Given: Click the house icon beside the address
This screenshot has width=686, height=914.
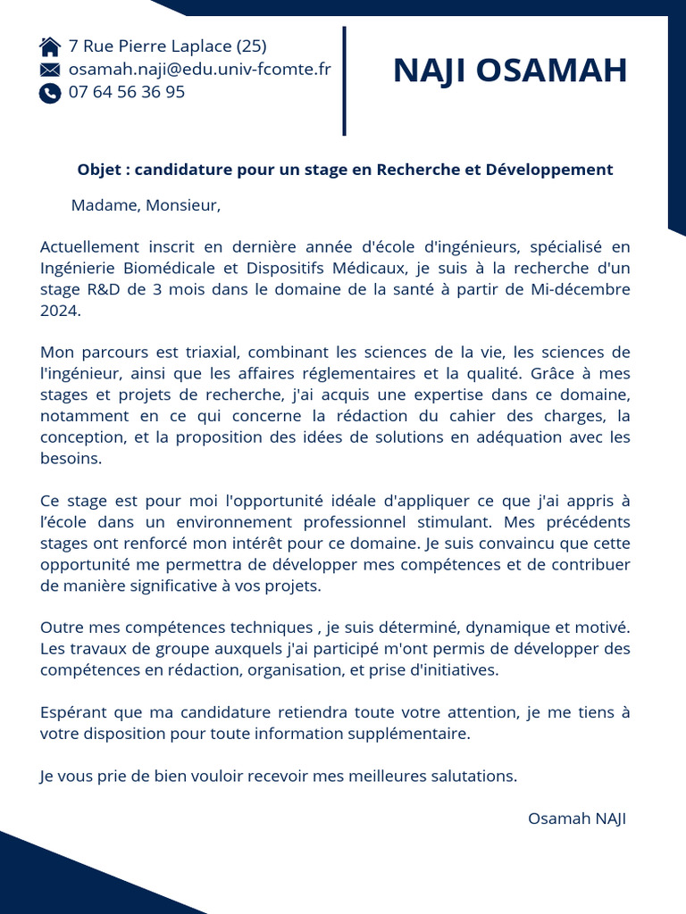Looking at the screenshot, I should point(50,46).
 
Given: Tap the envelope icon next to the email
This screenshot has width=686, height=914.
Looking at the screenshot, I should point(50,70).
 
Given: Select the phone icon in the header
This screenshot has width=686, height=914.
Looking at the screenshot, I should point(50,93).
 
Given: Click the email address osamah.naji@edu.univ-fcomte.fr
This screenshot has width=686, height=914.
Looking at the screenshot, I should point(199,69).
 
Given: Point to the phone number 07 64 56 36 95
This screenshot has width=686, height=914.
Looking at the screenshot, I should point(127,92).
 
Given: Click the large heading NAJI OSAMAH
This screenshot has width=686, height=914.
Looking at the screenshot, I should point(510,71).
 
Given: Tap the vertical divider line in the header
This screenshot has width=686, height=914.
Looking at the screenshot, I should point(344,81).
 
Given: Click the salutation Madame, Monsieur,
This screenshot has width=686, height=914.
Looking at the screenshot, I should point(146,206).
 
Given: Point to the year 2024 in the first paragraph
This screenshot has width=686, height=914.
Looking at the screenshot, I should point(60,312).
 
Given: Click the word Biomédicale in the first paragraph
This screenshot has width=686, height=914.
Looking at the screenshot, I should point(173,268).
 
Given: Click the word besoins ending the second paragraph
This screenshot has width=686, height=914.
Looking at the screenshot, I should point(71,459).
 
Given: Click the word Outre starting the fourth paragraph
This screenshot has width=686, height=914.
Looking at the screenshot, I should point(63,627).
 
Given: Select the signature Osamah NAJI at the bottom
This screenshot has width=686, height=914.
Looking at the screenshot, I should point(577,819).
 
